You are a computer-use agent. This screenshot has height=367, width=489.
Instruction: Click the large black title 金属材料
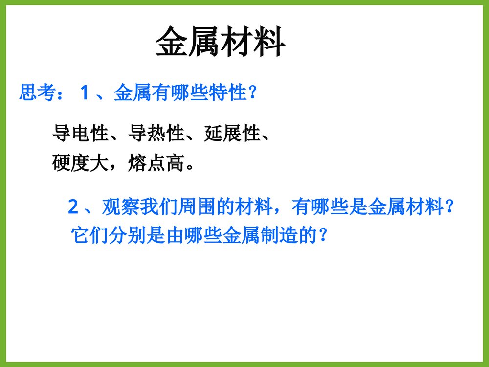pos(221,43)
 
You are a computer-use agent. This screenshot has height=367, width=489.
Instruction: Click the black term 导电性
pos(80,134)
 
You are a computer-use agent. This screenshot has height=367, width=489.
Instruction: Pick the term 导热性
pos(156,134)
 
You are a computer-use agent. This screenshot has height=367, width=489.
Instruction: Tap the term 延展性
pos(232,134)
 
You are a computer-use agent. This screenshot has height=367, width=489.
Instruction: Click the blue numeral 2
pos(73,207)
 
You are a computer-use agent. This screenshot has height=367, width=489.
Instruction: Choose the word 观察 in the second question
pos(119,207)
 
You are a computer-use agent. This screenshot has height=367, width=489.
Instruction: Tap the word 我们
pos(157,207)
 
